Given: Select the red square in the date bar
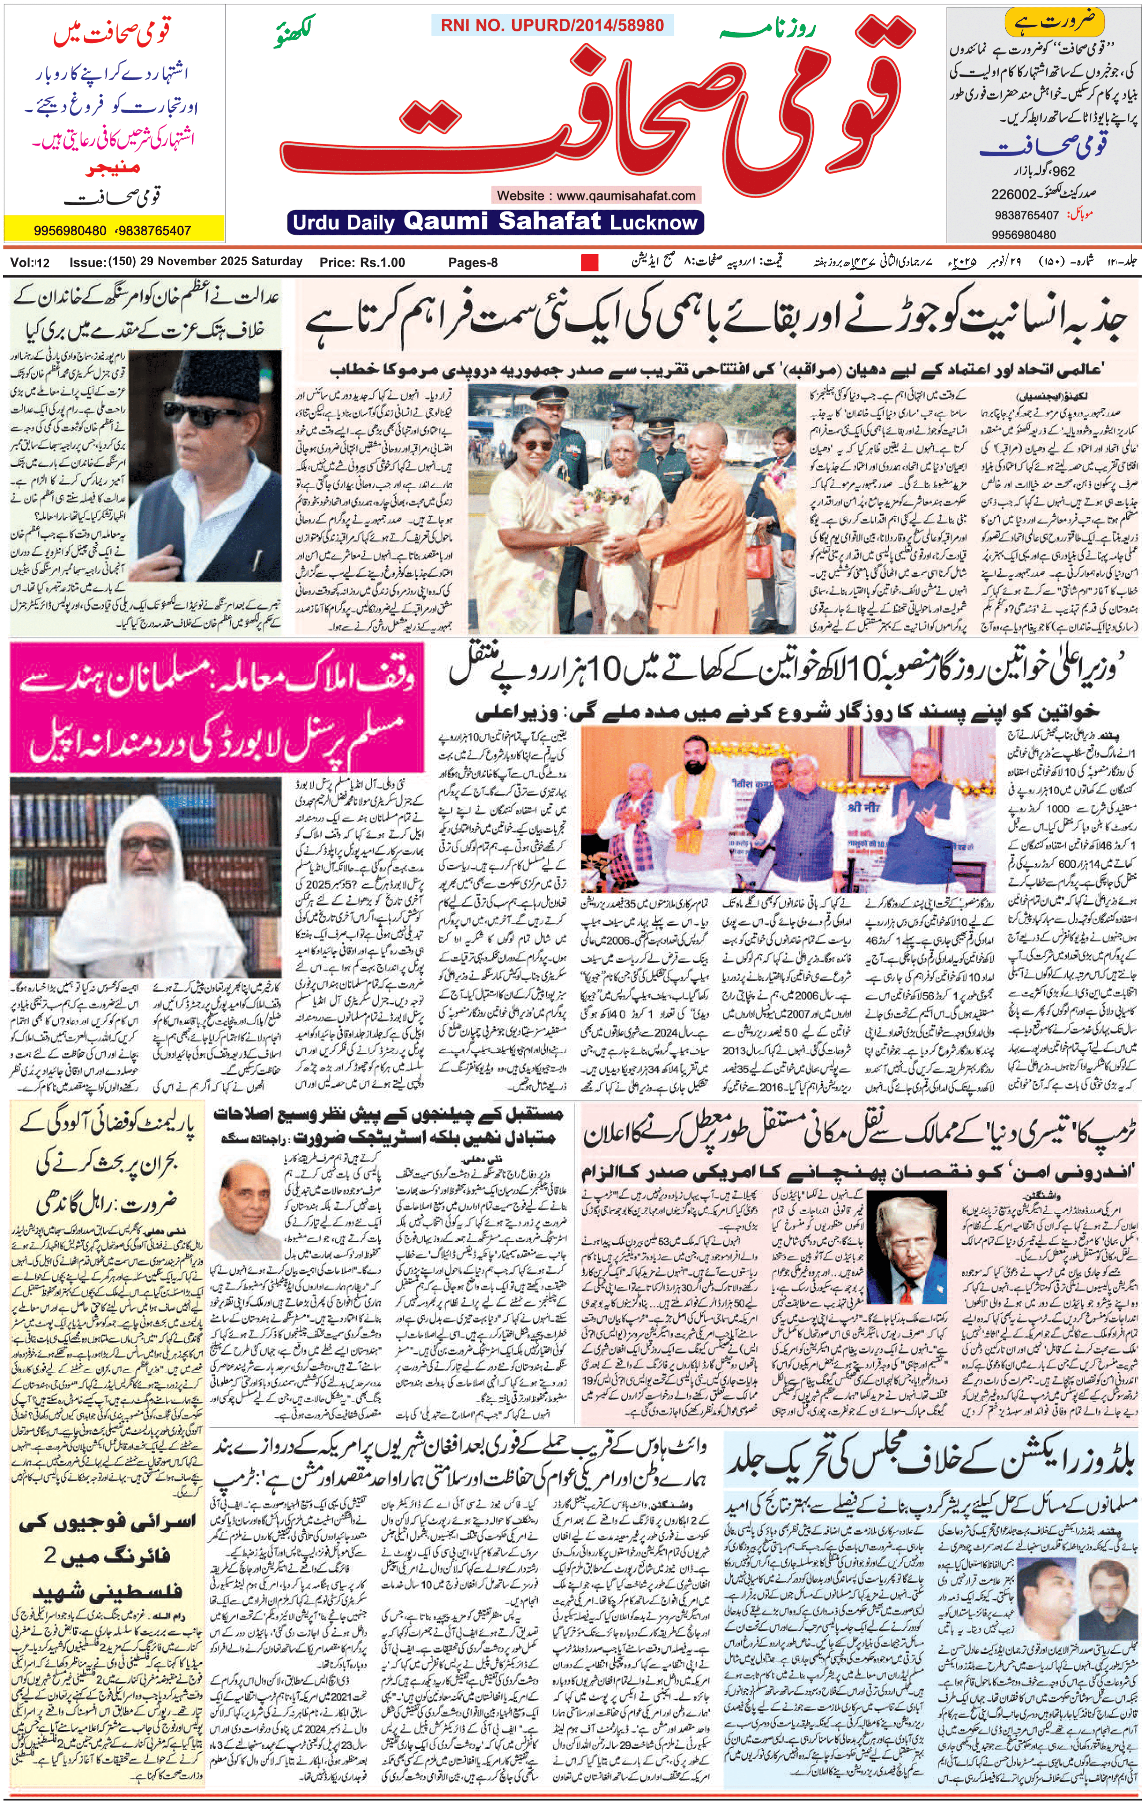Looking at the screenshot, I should click(x=590, y=262).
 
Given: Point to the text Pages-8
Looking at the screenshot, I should click(x=473, y=262).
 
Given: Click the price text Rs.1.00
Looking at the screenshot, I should click(x=382, y=262).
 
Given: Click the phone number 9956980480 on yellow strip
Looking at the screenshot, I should click(x=70, y=231).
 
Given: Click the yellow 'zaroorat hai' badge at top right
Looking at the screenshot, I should click(x=1054, y=21).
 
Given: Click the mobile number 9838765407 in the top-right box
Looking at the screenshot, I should click(x=1026, y=215).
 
